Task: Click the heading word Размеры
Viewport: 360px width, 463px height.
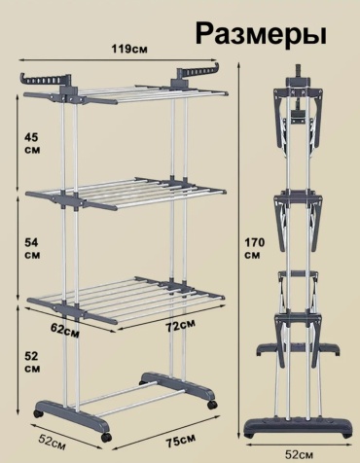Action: (261, 34)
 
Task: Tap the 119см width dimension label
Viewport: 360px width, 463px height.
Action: (129, 49)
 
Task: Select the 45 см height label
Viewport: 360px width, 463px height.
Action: (32, 143)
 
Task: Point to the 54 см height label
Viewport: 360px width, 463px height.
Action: (32, 248)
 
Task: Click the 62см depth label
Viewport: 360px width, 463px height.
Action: (65, 331)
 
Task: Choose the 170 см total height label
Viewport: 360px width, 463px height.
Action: (254, 248)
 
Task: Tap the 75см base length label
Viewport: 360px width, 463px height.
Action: (181, 441)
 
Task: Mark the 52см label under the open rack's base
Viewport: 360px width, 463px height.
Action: (52, 443)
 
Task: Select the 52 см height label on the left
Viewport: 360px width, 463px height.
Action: (32, 362)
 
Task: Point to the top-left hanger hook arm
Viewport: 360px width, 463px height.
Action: (46, 80)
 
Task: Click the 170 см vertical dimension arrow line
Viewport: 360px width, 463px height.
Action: (239, 250)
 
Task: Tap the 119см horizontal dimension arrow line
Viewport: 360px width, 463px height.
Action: (118, 59)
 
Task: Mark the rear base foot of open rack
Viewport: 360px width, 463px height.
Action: (178, 386)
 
